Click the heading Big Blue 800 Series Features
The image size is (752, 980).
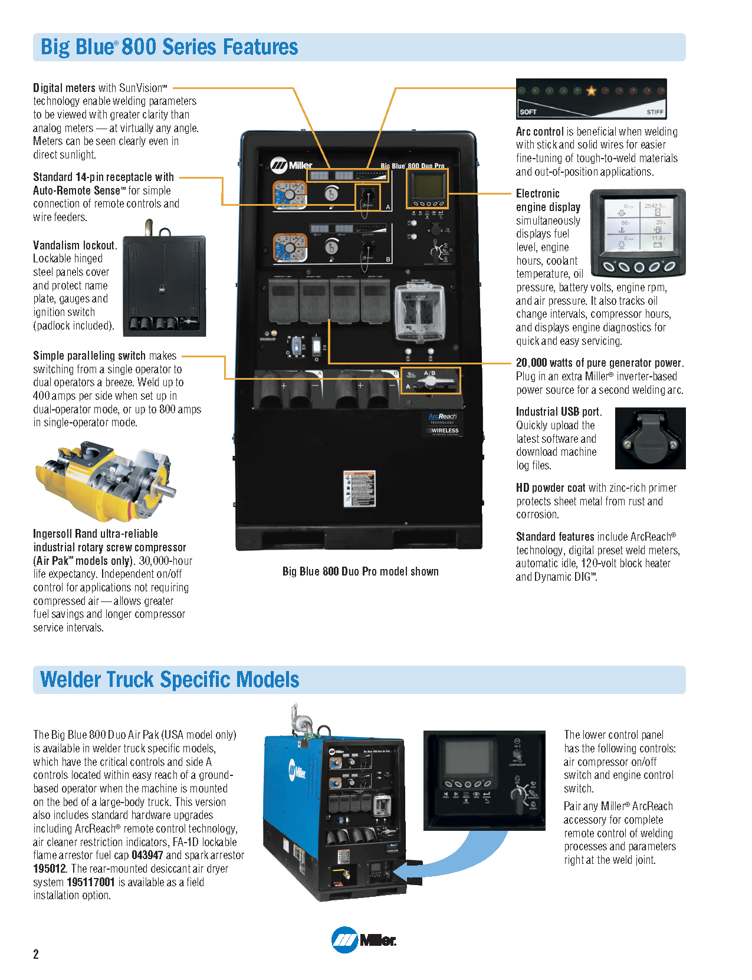169,47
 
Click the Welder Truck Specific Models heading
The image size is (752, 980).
170,679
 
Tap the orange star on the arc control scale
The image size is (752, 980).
591,91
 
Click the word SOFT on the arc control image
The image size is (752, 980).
528,111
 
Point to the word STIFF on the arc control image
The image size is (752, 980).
655,111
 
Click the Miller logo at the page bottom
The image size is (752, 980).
363,940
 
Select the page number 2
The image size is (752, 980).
36,954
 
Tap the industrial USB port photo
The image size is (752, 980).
650,438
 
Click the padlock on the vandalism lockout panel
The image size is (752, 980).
162,288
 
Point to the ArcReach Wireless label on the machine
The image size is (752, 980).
444,423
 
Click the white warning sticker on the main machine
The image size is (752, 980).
359,488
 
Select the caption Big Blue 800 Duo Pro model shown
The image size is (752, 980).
360,571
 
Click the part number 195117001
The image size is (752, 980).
91,882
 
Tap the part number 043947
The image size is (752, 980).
147,855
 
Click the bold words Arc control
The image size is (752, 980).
540,131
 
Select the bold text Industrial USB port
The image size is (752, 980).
558,412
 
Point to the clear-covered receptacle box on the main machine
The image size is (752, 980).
419,313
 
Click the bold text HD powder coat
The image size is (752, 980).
550,488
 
